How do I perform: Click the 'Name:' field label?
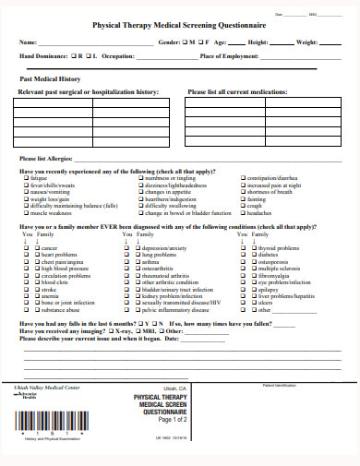(x=29, y=42)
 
